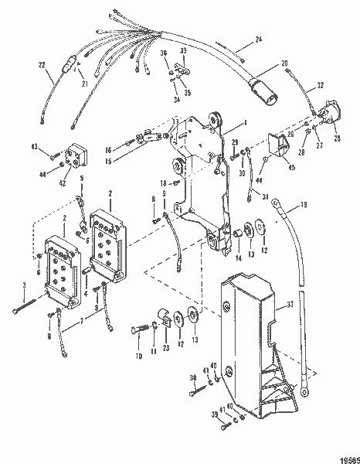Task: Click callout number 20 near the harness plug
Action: tap(284, 62)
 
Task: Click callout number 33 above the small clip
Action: tap(183, 50)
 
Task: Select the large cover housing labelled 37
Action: tap(247, 325)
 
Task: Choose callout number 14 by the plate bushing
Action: tap(239, 257)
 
